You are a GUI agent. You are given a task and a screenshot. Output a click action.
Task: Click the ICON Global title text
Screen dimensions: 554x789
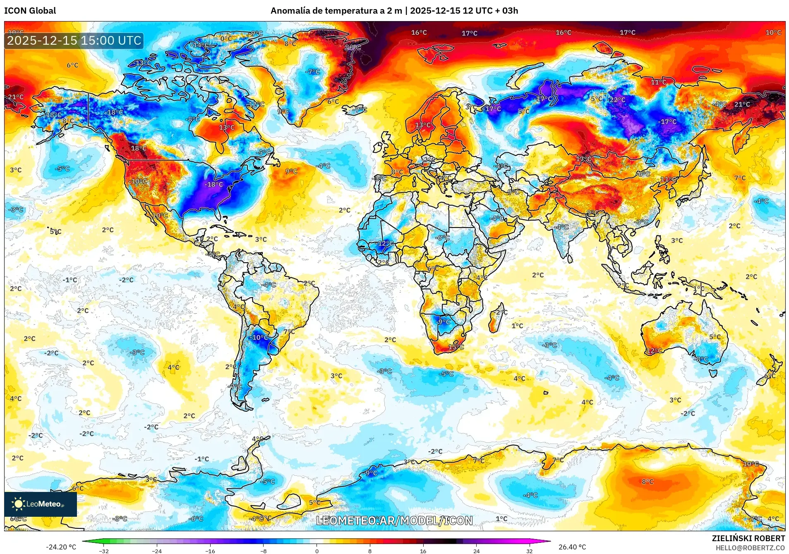pos(30,11)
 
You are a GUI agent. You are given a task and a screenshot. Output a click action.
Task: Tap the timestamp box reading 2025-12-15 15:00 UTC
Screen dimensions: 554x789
pos(74,41)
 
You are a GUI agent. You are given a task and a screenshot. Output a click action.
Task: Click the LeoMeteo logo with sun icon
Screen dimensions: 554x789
pos(40,504)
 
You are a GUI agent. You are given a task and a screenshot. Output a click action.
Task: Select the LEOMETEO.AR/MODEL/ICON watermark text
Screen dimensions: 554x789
pos(394,520)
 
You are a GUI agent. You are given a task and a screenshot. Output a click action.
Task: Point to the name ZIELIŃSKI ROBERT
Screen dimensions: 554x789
pos(748,538)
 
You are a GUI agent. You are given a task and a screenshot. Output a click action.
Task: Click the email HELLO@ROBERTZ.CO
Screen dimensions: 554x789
pos(750,548)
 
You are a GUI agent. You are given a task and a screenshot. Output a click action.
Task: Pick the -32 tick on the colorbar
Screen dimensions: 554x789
pos(104,551)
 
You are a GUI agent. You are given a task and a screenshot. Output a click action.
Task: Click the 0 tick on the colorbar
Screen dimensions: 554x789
pos(317,551)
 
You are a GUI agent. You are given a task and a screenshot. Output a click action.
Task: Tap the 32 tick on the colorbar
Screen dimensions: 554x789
pos(529,551)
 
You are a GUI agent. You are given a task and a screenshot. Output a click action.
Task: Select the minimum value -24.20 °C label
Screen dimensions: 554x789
pos(61,547)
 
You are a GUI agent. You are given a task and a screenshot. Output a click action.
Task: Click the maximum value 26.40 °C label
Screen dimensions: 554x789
pos(572,547)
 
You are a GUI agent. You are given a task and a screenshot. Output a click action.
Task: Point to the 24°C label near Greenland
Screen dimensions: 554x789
pos(353,48)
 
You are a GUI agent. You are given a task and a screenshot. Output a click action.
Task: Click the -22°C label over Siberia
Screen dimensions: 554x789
pos(617,100)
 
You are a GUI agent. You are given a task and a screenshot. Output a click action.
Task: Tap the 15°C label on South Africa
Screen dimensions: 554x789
pos(456,347)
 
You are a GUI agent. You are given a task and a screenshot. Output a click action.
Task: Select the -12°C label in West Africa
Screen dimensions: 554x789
pos(385,243)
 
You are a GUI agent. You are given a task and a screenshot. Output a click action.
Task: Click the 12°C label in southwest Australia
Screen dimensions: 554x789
pos(654,350)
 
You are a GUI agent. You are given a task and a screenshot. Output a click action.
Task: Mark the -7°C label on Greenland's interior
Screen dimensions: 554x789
pos(312,72)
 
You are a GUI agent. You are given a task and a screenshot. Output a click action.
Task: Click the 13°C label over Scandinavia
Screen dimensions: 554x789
pos(423,125)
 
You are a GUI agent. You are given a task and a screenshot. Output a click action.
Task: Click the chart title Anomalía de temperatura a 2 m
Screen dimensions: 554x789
pos(336,11)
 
